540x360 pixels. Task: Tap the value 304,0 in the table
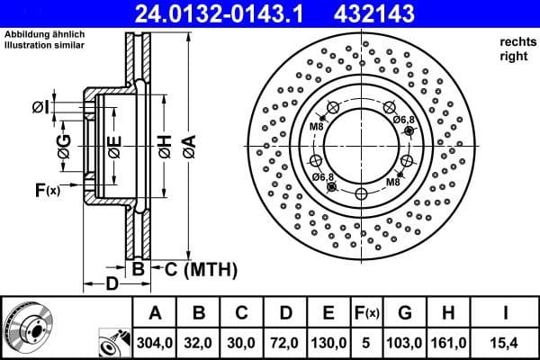pyautogui.click(x=155, y=343)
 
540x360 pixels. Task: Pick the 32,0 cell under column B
pyautogui.click(x=200, y=343)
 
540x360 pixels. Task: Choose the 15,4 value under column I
pyautogui.click(x=506, y=343)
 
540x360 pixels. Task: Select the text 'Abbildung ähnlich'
pyautogui.click(x=44, y=34)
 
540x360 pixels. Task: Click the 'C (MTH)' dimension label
pyautogui.click(x=198, y=268)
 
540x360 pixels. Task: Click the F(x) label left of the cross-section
pyautogui.click(x=47, y=190)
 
